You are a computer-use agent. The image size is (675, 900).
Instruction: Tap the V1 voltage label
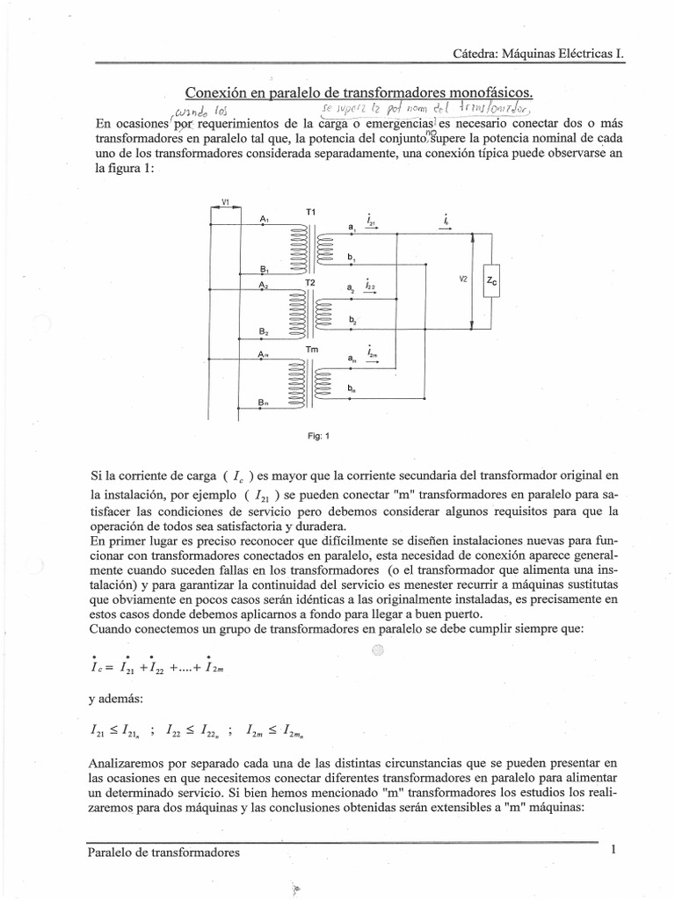[x=225, y=202]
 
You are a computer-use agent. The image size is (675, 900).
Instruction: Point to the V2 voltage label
[x=462, y=279]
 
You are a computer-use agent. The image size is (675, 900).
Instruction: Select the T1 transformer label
[x=310, y=213]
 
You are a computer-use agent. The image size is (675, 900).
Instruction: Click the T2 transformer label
[x=310, y=282]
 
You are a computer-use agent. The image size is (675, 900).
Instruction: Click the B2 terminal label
[x=264, y=331]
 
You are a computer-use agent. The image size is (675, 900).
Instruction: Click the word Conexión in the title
[x=216, y=92]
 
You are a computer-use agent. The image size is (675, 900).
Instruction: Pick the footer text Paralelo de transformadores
[x=163, y=852]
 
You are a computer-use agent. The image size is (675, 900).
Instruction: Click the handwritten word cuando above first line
[x=194, y=112]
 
